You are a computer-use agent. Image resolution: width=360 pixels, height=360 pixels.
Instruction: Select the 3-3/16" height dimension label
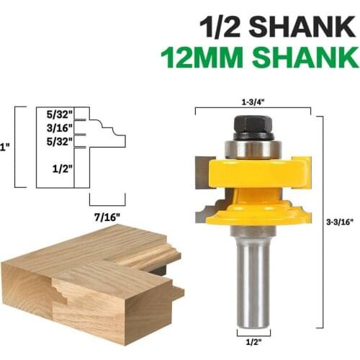(x=338, y=222)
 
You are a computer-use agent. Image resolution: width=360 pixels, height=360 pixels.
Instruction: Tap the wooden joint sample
(x=86, y=281)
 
